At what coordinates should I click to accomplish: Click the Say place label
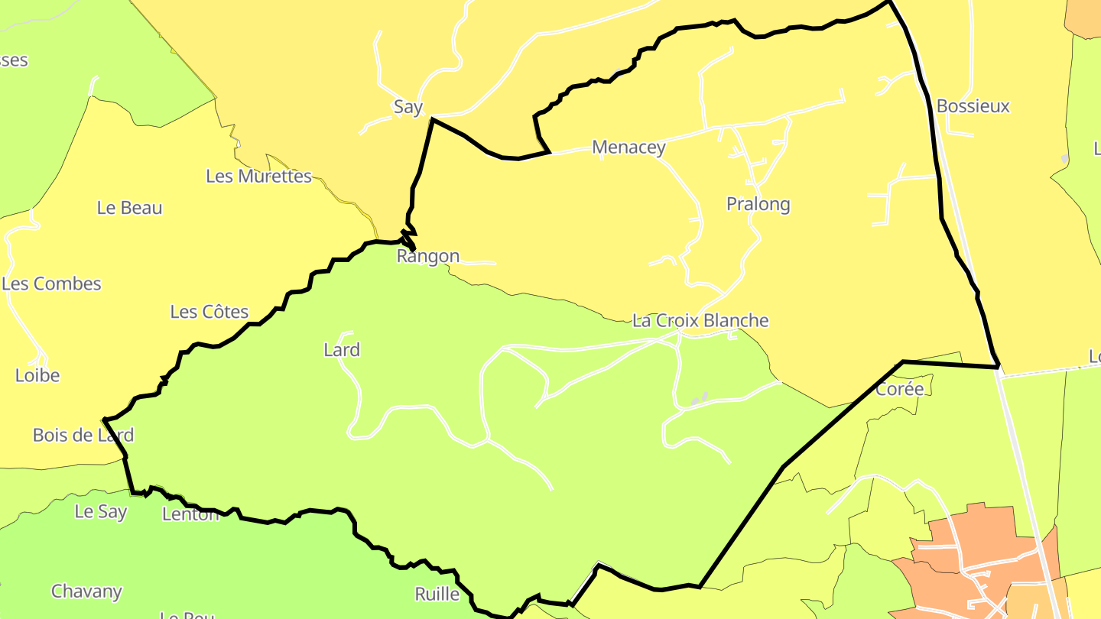408,107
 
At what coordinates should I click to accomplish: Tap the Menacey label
628,147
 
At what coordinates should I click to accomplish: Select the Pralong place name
758,204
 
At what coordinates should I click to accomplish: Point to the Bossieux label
973,106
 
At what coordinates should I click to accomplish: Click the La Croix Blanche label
700,320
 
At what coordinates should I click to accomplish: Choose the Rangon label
428,257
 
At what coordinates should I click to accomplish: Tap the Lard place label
342,350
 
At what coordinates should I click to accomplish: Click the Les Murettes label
258,177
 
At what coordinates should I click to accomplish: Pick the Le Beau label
129,208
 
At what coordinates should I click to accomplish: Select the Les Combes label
51,284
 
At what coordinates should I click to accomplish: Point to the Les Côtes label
209,312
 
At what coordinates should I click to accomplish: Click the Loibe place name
37,376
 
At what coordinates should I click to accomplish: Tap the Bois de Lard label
83,436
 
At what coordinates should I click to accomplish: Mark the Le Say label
101,512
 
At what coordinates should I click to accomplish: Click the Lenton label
190,514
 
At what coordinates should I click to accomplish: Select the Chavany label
86,591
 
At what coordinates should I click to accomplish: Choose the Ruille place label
437,595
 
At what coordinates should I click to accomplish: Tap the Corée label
900,389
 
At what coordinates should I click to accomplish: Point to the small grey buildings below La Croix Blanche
700,399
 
